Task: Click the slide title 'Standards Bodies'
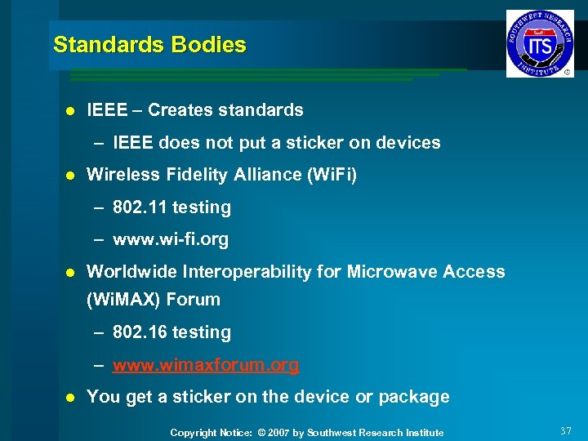[149, 45]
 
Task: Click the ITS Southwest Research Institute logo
[540, 43]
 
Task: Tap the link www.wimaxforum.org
[206, 365]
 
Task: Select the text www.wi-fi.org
[171, 240]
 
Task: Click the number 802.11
[140, 207]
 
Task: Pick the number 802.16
[140, 332]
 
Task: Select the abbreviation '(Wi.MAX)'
[123, 300]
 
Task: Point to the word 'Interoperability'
[243, 272]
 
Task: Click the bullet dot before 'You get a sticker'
[70, 398]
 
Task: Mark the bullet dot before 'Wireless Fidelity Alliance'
[70, 176]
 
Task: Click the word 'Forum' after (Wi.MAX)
[193, 300]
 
